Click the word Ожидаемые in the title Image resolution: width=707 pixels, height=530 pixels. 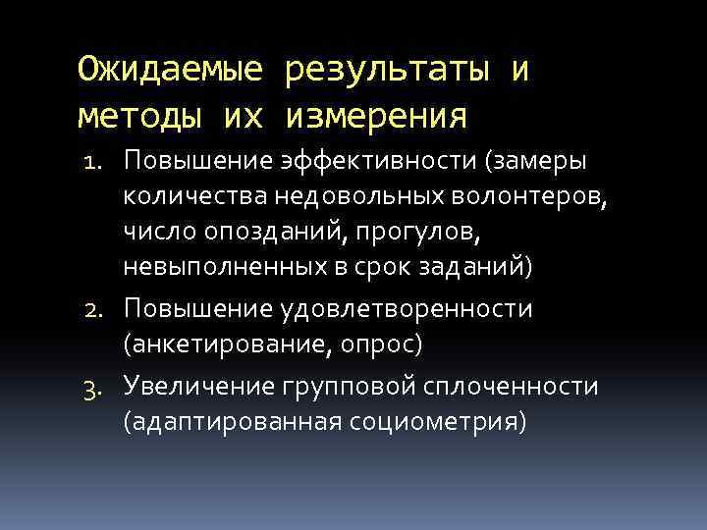[170, 71]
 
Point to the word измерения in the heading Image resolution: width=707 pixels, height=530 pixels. [377, 118]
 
